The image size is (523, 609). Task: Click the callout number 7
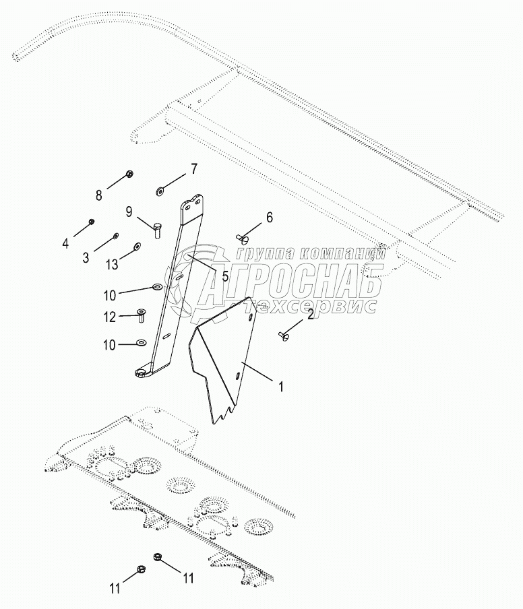[193, 169]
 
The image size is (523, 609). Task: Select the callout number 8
[99, 195]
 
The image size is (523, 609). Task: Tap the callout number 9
[129, 212]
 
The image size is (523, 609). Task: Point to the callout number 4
[65, 243]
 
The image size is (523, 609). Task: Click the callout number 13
[112, 265]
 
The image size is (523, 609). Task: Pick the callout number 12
[110, 317]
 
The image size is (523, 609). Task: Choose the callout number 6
[270, 218]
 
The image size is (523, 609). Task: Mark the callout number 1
[281, 387]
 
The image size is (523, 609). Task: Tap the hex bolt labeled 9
[157, 230]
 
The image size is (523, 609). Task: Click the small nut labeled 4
[92, 222]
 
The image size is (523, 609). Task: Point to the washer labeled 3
[115, 235]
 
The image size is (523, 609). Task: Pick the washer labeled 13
[137, 246]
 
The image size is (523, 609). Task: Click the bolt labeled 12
[141, 315]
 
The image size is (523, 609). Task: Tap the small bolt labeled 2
[284, 336]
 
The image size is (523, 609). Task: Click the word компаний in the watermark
[344, 253]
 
